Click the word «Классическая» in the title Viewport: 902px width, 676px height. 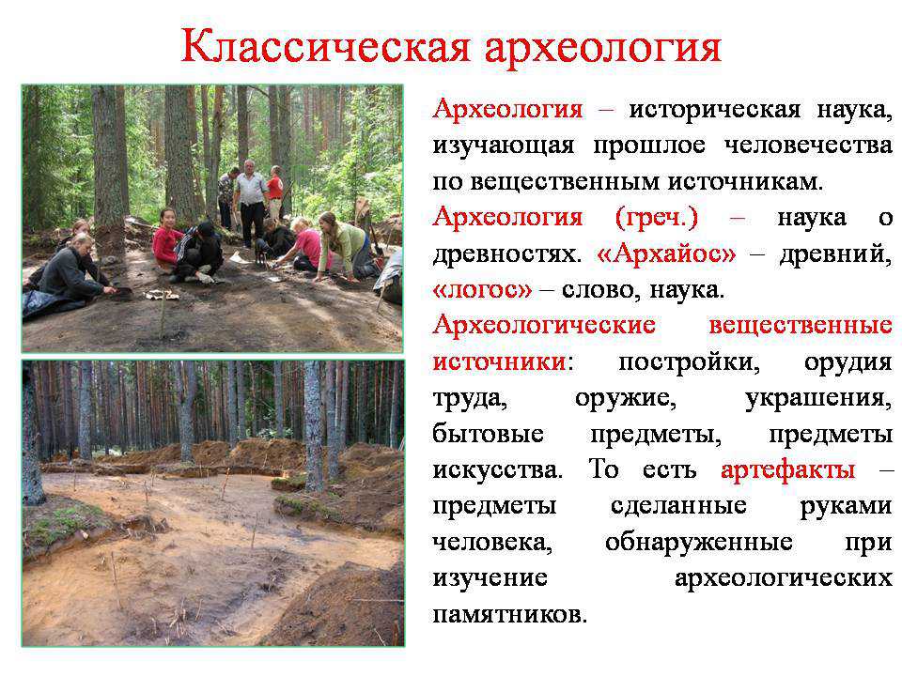[x=325, y=46]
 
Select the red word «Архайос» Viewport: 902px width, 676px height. [x=667, y=253]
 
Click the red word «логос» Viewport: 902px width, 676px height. [x=483, y=290]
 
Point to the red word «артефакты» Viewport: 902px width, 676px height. [x=787, y=470]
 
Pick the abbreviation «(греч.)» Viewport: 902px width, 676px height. [x=657, y=217]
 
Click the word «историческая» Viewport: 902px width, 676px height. [x=714, y=110]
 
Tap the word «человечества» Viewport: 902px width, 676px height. [x=808, y=146]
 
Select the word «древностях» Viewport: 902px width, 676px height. [x=506, y=253]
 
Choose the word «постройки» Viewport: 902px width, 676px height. [x=689, y=362]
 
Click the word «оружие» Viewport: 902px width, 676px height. [x=625, y=398]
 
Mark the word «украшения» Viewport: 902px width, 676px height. [x=818, y=398]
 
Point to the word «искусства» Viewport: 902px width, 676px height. [x=498, y=470]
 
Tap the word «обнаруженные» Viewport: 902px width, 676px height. [x=699, y=542]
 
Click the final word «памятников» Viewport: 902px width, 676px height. [x=509, y=614]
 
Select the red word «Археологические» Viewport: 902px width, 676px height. [x=544, y=326]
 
